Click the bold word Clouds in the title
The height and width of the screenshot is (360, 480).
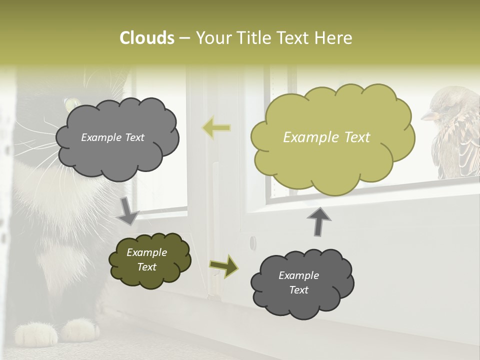tap(146, 38)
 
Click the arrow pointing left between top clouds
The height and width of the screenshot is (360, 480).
tap(216, 128)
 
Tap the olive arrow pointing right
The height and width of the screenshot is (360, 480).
tap(223, 265)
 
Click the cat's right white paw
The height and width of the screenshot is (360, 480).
tap(80, 330)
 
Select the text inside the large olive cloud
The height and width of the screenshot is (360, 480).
tap(326, 137)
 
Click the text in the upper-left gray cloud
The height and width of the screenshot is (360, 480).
tap(112, 137)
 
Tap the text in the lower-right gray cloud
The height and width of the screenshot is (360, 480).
tap(298, 282)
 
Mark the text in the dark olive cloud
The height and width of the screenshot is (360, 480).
tap(146, 259)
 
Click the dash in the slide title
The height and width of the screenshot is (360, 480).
tap(184, 38)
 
